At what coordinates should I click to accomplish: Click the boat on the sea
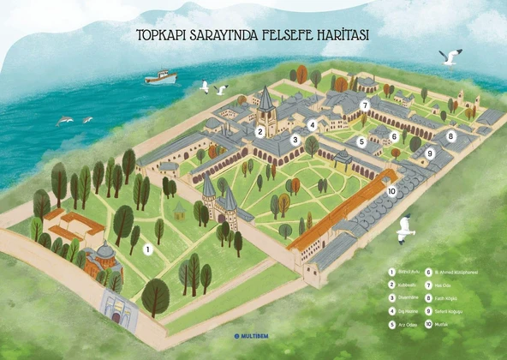click(x=160, y=76)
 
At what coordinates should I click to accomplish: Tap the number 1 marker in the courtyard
click(x=148, y=249)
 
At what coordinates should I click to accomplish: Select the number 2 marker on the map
click(x=259, y=131)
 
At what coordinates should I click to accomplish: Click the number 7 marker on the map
click(x=365, y=106)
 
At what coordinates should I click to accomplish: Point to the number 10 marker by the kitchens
click(x=391, y=191)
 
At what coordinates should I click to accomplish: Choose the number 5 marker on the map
click(x=362, y=141)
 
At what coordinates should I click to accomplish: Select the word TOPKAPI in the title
click(x=162, y=35)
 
